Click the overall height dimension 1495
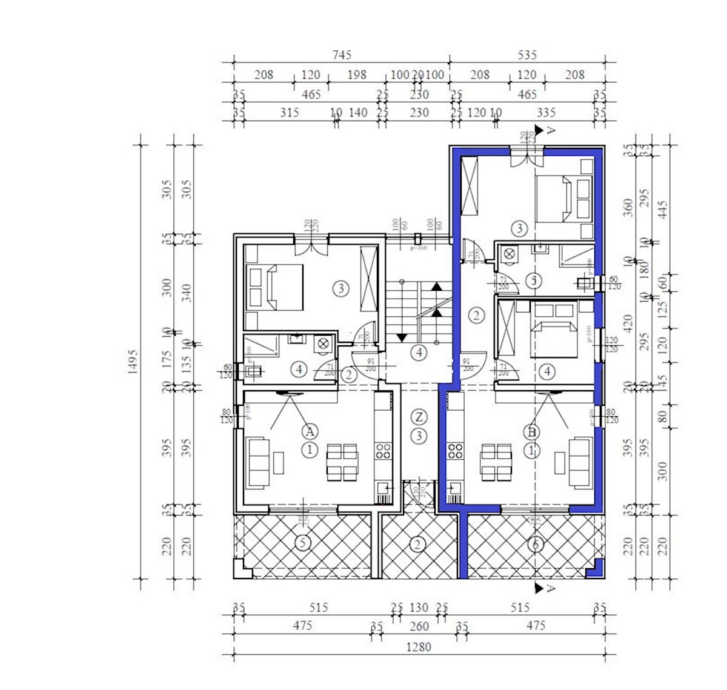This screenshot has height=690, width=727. tap(133, 361)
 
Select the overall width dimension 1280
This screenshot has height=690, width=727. tap(418, 647)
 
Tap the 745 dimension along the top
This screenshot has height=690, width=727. tap(342, 55)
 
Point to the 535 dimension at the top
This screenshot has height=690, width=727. tap(527, 55)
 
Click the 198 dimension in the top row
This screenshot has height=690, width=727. tap(357, 75)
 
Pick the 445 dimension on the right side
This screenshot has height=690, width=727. tap(663, 210)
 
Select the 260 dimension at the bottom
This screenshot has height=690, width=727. tap(419, 626)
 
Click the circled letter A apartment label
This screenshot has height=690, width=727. tap(310, 431)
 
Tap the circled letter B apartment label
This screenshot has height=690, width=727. tap(532, 432)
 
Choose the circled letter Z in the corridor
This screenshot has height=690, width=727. tap(419, 417)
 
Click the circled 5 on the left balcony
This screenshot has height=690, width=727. tap(303, 543)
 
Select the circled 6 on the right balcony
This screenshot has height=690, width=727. tap(534, 544)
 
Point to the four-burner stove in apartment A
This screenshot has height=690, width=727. tap(383, 451)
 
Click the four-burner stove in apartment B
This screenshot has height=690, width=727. tap(455, 451)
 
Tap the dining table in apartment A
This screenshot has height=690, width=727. tap(342, 462)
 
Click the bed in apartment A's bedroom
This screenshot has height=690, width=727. tap(277, 287)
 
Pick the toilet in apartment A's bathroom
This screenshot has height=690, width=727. tap(323, 343)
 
